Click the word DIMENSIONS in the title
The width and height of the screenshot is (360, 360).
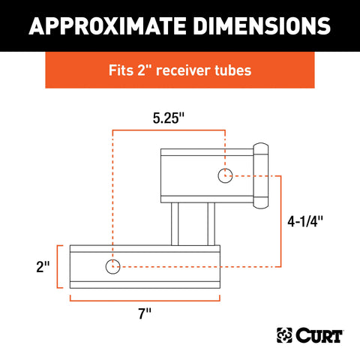[x=262, y=26]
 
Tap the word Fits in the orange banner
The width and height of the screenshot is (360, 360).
[x=121, y=70]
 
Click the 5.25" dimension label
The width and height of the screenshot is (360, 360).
[x=169, y=118]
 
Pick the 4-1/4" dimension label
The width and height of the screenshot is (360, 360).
[x=305, y=221]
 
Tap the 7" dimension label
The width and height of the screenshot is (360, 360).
[x=145, y=313]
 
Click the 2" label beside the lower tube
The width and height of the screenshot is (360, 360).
[x=43, y=266]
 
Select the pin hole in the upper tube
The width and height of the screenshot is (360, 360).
[x=225, y=175]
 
